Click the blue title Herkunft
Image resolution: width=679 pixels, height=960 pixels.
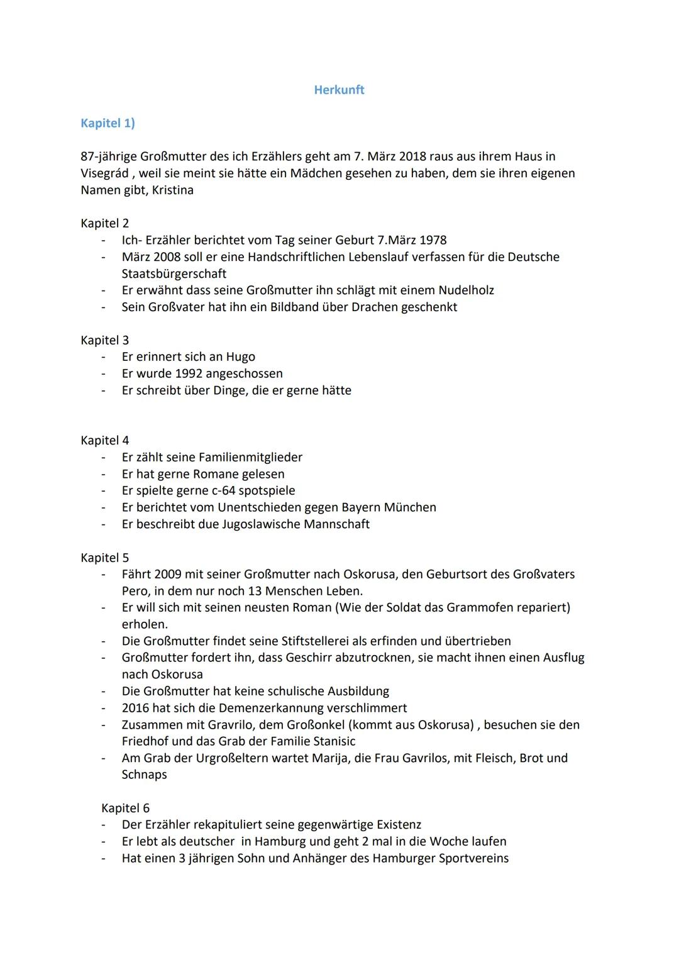(x=339, y=90)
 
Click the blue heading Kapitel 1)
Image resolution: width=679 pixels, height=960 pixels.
(x=108, y=123)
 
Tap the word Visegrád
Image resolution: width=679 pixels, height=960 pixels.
(x=104, y=173)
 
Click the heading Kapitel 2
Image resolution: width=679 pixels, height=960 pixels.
(x=104, y=223)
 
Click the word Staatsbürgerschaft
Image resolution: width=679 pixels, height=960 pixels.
(x=174, y=273)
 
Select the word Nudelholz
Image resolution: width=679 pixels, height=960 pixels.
(x=466, y=290)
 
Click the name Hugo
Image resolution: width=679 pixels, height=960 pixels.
(x=240, y=357)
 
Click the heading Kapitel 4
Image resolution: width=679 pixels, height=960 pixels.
(x=104, y=441)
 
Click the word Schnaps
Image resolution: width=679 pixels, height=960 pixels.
(x=144, y=775)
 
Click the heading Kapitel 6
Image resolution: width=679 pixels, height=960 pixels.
(x=125, y=808)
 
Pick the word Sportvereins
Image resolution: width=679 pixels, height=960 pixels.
(x=473, y=858)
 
